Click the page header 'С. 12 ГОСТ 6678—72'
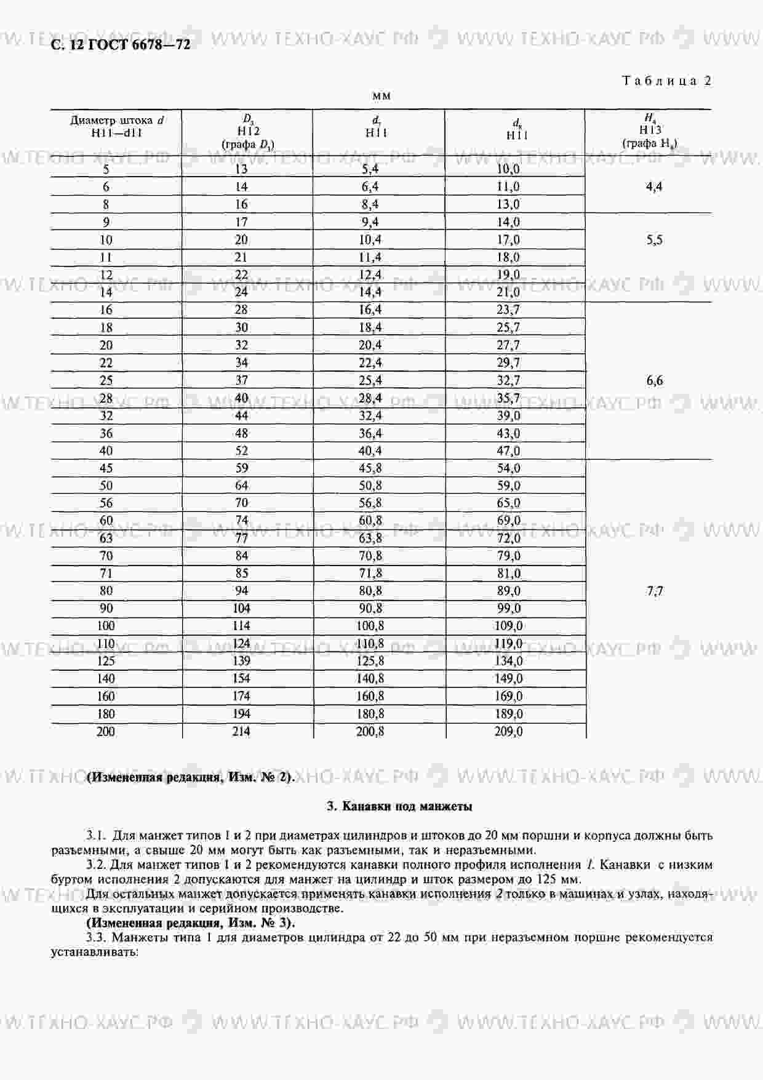[121, 44]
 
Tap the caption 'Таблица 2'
[667, 81]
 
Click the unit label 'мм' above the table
[381, 96]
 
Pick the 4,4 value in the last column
[654, 187]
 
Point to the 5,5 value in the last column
[655, 240]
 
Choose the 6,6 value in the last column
[655, 380]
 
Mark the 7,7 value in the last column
[655, 591]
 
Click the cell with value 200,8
[370, 732]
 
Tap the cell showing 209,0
[509, 732]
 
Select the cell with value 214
[241, 732]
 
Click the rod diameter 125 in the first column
[106, 662]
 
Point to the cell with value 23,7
[508, 310]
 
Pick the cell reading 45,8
[370, 468]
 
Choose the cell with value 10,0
[508, 169]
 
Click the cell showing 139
[241, 662]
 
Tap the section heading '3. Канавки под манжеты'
[399, 806]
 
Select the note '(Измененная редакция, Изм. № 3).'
[191, 922]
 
